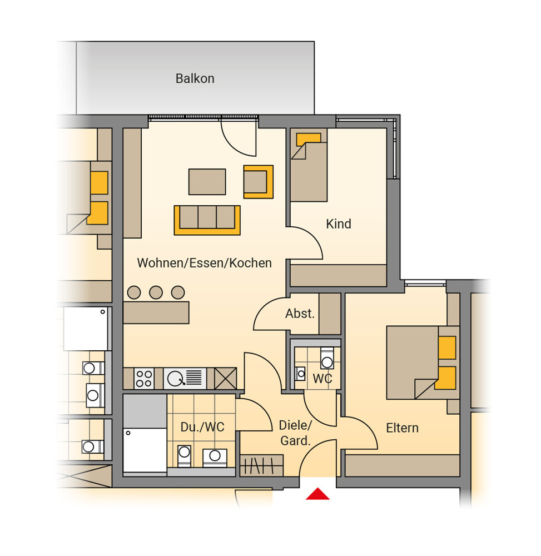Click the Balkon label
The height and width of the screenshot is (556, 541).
[x=195, y=78]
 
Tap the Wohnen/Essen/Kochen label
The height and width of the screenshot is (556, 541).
[x=205, y=263]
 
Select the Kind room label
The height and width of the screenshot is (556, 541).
[x=339, y=224]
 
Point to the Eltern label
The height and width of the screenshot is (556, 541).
[x=402, y=428]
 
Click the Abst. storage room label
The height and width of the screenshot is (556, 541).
[x=300, y=314]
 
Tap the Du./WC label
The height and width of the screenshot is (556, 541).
[x=202, y=427]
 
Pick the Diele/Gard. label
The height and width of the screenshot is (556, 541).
[x=295, y=433]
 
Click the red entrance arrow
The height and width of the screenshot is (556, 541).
[x=317, y=494]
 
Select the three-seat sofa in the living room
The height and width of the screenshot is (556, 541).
[x=207, y=220]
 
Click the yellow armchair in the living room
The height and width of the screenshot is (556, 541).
[x=259, y=182]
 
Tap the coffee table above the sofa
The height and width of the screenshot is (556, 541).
[x=207, y=182]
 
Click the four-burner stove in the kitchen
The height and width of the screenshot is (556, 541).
[x=144, y=378]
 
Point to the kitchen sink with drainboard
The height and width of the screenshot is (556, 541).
[x=185, y=378]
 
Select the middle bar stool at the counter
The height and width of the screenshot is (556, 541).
[x=156, y=292]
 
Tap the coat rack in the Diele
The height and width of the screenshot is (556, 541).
[x=262, y=465]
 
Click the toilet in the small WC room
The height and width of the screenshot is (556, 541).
[x=327, y=358]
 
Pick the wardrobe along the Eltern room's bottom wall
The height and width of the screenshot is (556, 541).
[x=403, y=465]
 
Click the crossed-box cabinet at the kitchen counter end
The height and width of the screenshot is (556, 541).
[x=226, y=378]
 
